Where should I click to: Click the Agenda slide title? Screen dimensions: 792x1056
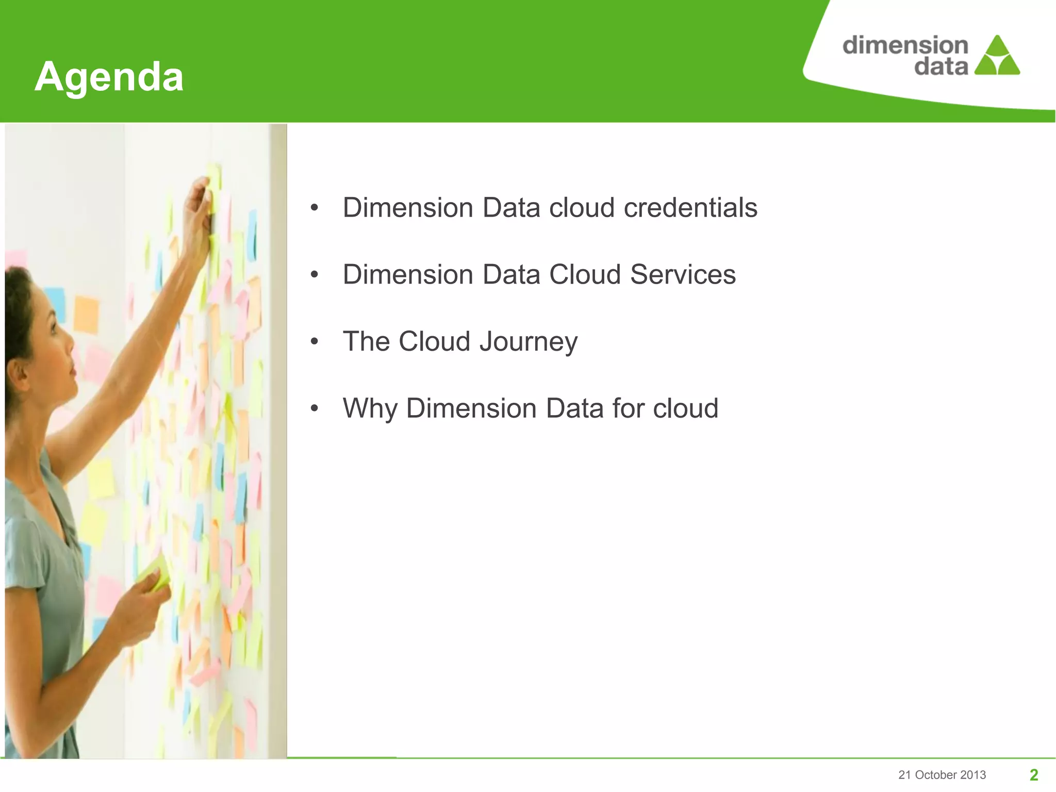(x=109, y=77)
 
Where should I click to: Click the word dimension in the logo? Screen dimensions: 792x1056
(x=905, y=45)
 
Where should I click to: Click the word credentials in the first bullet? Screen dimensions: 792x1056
(x=690, y=208)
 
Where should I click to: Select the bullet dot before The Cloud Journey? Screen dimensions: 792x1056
(x=315, y=342)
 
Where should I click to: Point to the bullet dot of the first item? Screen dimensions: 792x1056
(x=315, y=208)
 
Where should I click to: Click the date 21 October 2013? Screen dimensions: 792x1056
(x=942, y=775)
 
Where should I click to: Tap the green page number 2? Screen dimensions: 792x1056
(x=1033, y=774)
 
